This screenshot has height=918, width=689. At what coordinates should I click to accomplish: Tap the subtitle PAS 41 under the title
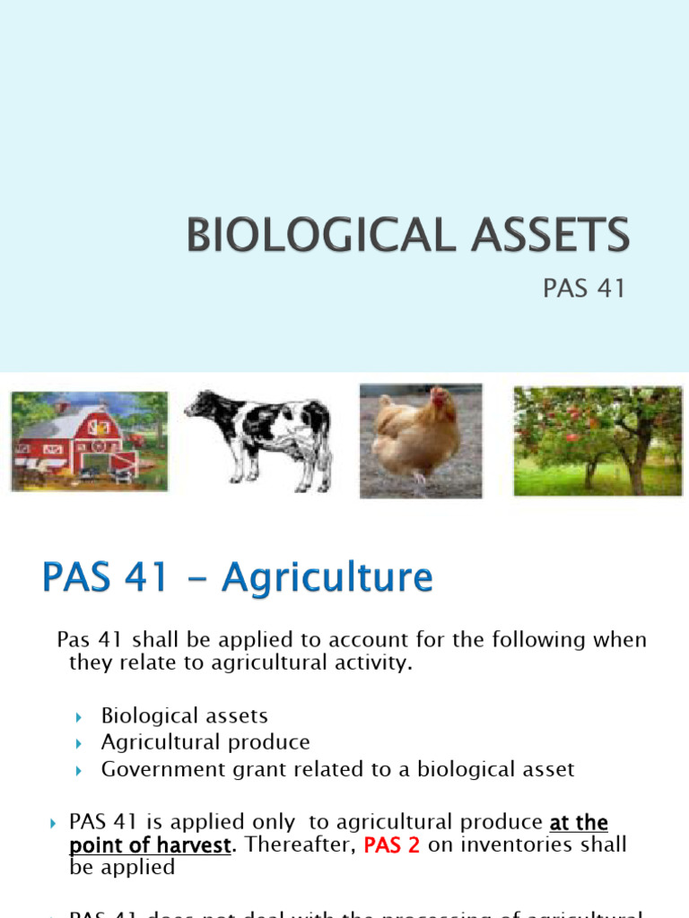583,290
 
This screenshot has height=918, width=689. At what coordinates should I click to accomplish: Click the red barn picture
89,441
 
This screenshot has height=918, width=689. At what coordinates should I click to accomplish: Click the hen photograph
420,440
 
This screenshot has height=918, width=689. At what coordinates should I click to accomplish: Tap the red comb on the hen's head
439,395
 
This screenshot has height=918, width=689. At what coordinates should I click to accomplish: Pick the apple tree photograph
597,440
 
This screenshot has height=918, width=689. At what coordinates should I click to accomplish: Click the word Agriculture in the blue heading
327,578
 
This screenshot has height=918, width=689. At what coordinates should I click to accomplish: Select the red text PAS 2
392,845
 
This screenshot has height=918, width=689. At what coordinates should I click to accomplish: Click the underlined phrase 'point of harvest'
150,845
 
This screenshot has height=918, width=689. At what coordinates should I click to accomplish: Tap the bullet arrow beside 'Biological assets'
79,716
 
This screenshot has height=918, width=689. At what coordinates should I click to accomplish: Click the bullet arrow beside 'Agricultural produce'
79,743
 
